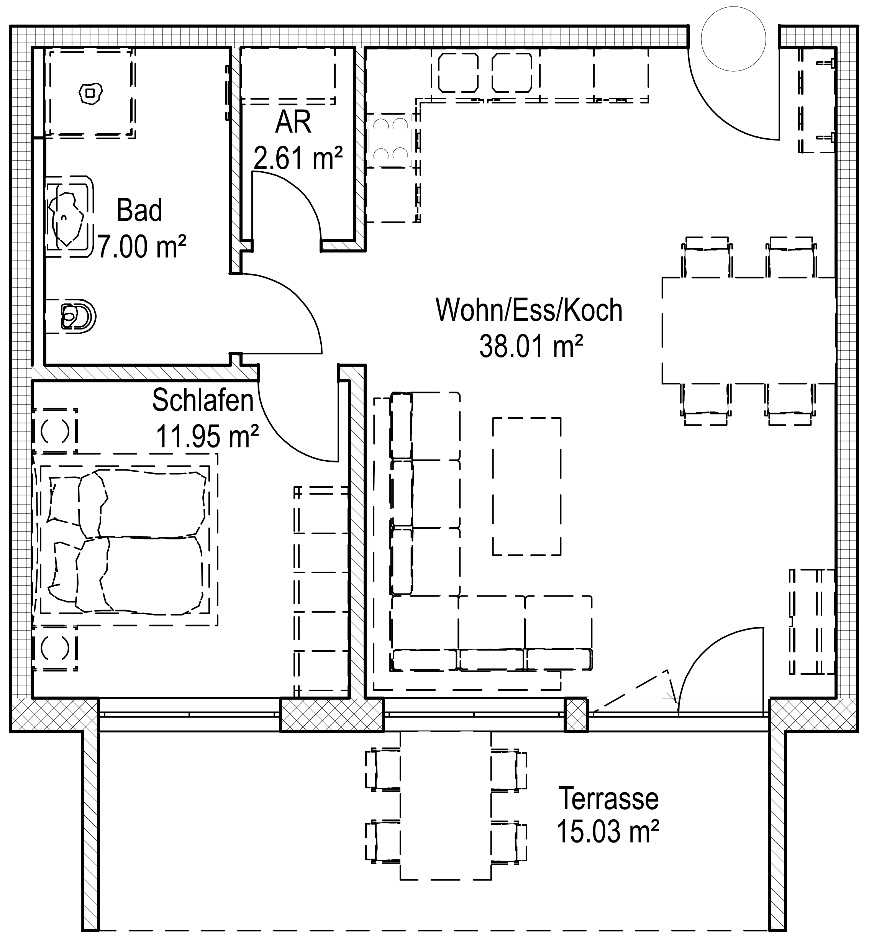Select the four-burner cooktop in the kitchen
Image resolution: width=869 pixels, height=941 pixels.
pos(391,140)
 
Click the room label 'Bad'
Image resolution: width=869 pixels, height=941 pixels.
pos(139,210)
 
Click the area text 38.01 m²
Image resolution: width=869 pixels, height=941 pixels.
pos(531,346)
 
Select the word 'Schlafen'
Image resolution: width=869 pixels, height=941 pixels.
pos(203,400)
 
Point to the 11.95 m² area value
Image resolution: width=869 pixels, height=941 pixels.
pos(207,436)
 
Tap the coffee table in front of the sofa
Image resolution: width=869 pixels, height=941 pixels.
pos(527,486)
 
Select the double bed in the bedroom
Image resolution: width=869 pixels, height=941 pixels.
pos(125,539)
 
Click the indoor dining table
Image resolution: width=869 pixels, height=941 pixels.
pos(749,331)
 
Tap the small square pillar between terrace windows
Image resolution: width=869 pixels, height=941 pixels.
pos(576,715)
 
